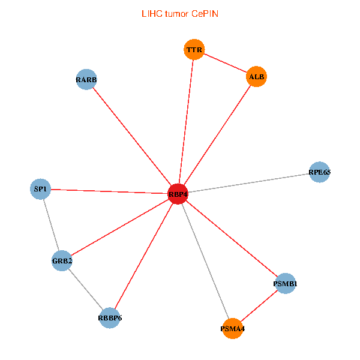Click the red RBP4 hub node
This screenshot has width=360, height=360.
(178, 194)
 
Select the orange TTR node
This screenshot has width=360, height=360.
(194, 50)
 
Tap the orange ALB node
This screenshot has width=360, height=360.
(256, 76)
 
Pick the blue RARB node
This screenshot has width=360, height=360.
(86, 79)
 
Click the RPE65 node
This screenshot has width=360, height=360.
(319, 172)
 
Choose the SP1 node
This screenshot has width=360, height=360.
(41, 189)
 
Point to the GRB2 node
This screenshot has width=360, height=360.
(62, 260)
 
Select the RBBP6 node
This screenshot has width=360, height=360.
(110, 317)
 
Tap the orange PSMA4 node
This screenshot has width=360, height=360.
(233, 328)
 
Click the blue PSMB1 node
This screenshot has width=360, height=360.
(286, 283)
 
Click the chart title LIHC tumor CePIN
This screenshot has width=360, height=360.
(179, 13)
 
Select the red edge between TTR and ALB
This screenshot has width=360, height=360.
(225, 63)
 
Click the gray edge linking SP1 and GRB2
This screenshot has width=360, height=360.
(52, 225)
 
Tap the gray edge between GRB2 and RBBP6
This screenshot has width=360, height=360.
(86, 289)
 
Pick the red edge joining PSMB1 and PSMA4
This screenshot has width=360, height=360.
(259, 306)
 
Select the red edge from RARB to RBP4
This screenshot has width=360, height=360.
(132, 137)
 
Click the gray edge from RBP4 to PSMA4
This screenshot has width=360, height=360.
(205, 261)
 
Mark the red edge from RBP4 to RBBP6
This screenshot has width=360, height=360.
(144, 256)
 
